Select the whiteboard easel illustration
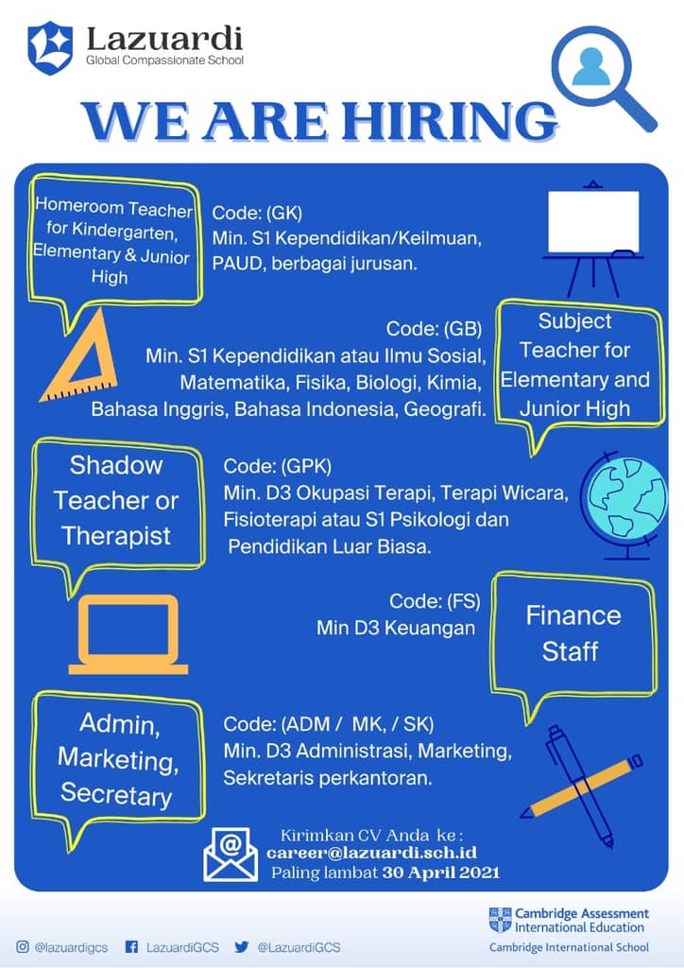click(592, 238)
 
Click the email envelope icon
click(231, 855)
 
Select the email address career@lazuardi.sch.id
click(371, 854)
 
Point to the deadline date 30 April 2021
click(440, 873)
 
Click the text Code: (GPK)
click(278, 466)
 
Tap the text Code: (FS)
click(435, 600)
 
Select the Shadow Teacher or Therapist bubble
click(116, 503)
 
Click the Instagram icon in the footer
click(23, 946)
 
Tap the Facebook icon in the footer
click(131, 946)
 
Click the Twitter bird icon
click(242, 946)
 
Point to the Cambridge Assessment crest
click(500, 920)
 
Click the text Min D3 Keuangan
click(395, 628)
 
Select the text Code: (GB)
click(434, 328)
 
